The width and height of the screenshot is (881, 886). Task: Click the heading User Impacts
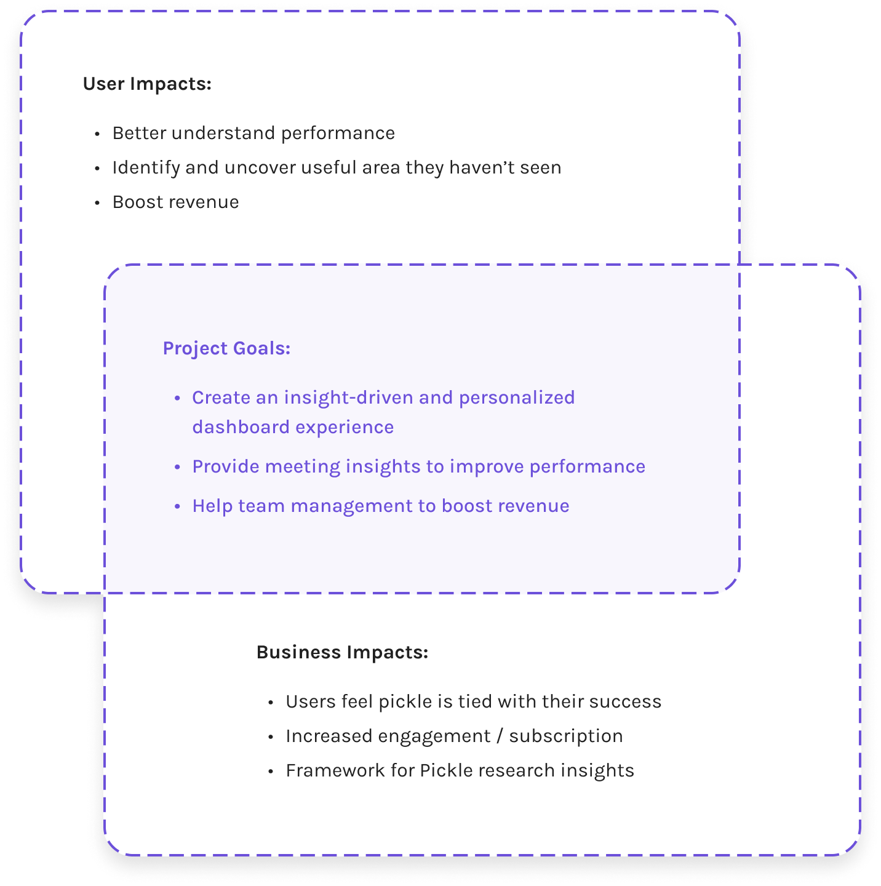(x=147, y=84)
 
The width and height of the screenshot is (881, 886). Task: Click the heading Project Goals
(x=226, y=348)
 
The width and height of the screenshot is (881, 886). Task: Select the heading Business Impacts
(x=342, y=652)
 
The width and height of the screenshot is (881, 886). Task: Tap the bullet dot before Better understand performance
(x=97, y=134)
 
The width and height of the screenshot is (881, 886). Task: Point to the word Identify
(x=146, y=168)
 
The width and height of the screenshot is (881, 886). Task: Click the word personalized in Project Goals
(x=517, y=397)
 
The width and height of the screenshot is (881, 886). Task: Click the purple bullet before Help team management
(x=177, y=506)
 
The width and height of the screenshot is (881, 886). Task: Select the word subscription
(x=566, y=736)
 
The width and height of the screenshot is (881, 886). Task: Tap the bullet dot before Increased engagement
(x=271, y=736)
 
